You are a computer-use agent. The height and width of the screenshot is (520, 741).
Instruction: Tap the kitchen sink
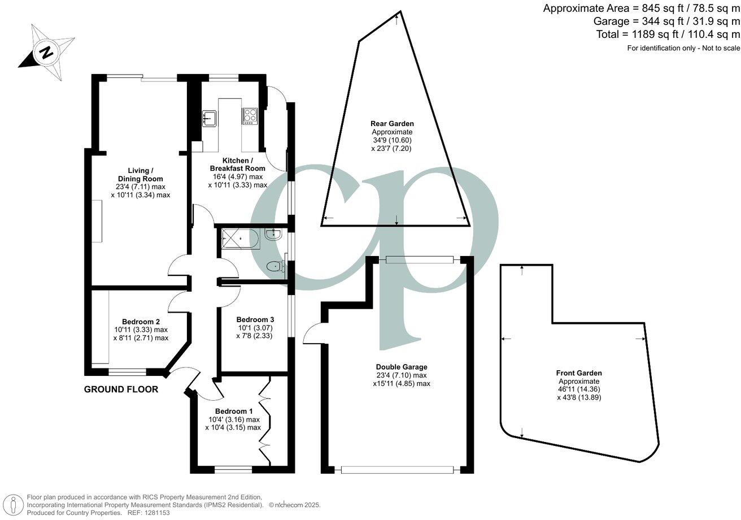210,118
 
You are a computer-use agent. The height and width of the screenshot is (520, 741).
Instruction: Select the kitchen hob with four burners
250,116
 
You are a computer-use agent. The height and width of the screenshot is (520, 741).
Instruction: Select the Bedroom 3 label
255,319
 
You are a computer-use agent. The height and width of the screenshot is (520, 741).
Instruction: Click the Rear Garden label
392,123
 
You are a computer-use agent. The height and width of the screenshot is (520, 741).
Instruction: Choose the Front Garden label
579,373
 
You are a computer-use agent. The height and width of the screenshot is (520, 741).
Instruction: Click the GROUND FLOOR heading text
121,389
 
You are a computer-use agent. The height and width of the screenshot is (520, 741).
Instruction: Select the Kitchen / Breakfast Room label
237,164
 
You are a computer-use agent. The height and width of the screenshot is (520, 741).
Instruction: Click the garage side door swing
312,334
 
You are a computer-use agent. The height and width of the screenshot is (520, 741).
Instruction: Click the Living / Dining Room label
141,175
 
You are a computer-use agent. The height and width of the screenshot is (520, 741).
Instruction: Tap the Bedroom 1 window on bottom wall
233,469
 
